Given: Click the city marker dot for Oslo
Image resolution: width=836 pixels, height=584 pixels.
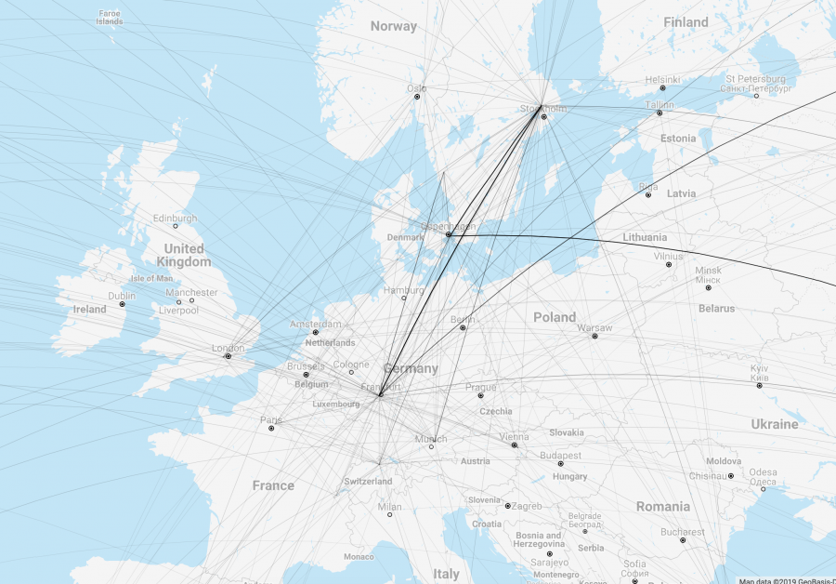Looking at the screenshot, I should click(417, 96).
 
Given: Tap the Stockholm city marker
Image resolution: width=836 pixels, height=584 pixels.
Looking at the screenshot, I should click(544, 116).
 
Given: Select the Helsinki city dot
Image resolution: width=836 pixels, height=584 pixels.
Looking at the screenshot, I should click(662, 88).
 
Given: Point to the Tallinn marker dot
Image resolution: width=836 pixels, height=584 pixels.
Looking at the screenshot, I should click(660, 113).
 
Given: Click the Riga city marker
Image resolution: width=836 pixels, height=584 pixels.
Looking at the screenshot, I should click(648, 194).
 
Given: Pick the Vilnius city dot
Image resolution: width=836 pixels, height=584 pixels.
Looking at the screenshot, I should click(668, 264).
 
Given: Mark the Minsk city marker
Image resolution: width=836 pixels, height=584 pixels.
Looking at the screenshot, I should click(708, 287).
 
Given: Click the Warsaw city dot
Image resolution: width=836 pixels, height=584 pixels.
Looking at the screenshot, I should click(594, 336).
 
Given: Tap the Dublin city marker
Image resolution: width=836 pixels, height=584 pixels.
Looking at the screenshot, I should click(122, 304).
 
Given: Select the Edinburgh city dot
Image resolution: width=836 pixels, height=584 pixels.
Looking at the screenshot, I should click(175, 226).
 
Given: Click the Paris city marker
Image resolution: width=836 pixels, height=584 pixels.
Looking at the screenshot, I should click(271, 428).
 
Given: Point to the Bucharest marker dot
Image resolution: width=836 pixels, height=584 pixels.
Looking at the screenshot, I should click(683, 539).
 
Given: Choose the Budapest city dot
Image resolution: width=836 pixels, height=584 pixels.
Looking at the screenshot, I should click(560, 463).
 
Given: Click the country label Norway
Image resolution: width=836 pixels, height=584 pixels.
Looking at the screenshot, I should click(394, 26).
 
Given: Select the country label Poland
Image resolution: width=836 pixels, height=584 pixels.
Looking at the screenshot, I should click(555, 317).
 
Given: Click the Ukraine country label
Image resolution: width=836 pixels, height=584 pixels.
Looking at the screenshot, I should click(774, 424).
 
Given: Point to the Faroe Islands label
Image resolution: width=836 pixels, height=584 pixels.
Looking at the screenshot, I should click(109, 17).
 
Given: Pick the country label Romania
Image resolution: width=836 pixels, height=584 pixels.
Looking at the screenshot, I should click(663, 507).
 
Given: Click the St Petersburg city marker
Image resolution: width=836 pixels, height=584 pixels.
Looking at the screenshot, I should click(756, 96).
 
